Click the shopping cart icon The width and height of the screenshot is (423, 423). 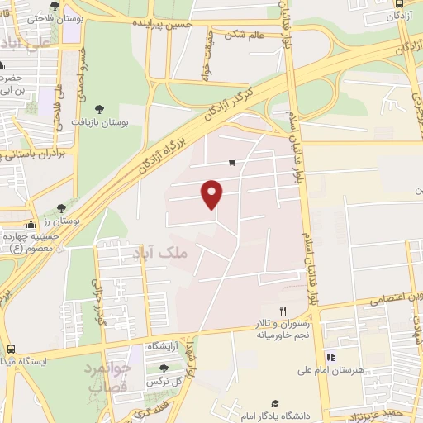coord(233,162)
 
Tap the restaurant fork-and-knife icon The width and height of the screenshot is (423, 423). coord(283,310)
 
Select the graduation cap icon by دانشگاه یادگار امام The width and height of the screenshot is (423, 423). coord(274,403)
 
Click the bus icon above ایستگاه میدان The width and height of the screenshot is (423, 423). coord(12,349)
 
